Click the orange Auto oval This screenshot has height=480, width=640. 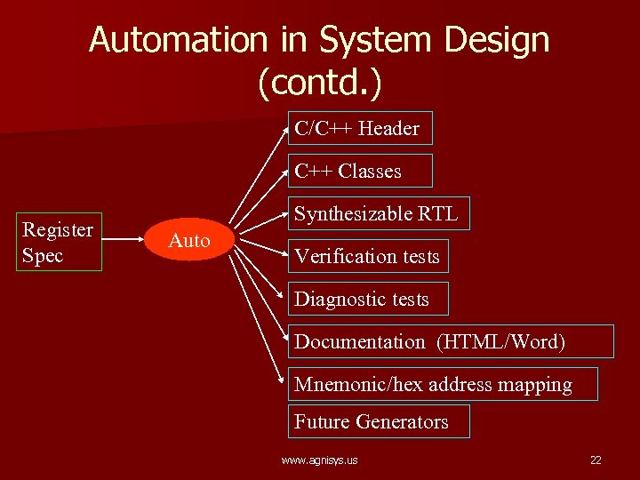[x=189, y=240]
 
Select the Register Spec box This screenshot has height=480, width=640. [x=59, y=242]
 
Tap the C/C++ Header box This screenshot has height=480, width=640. [x=359, y=128]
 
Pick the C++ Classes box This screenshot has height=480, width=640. [x=359, y=171]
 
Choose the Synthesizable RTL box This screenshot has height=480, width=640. [x=378, y=213]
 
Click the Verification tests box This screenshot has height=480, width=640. [x=368, y=256]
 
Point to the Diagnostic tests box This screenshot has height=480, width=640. [x=368, y=299]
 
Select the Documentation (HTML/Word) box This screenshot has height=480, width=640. [x=450, y=341]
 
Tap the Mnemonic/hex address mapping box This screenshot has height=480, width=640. [x=443, y=385]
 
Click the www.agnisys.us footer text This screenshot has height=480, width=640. [x=319, y=460]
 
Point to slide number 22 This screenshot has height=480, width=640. [x=596, y=460]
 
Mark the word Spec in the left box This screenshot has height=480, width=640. [x=43, y=256]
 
